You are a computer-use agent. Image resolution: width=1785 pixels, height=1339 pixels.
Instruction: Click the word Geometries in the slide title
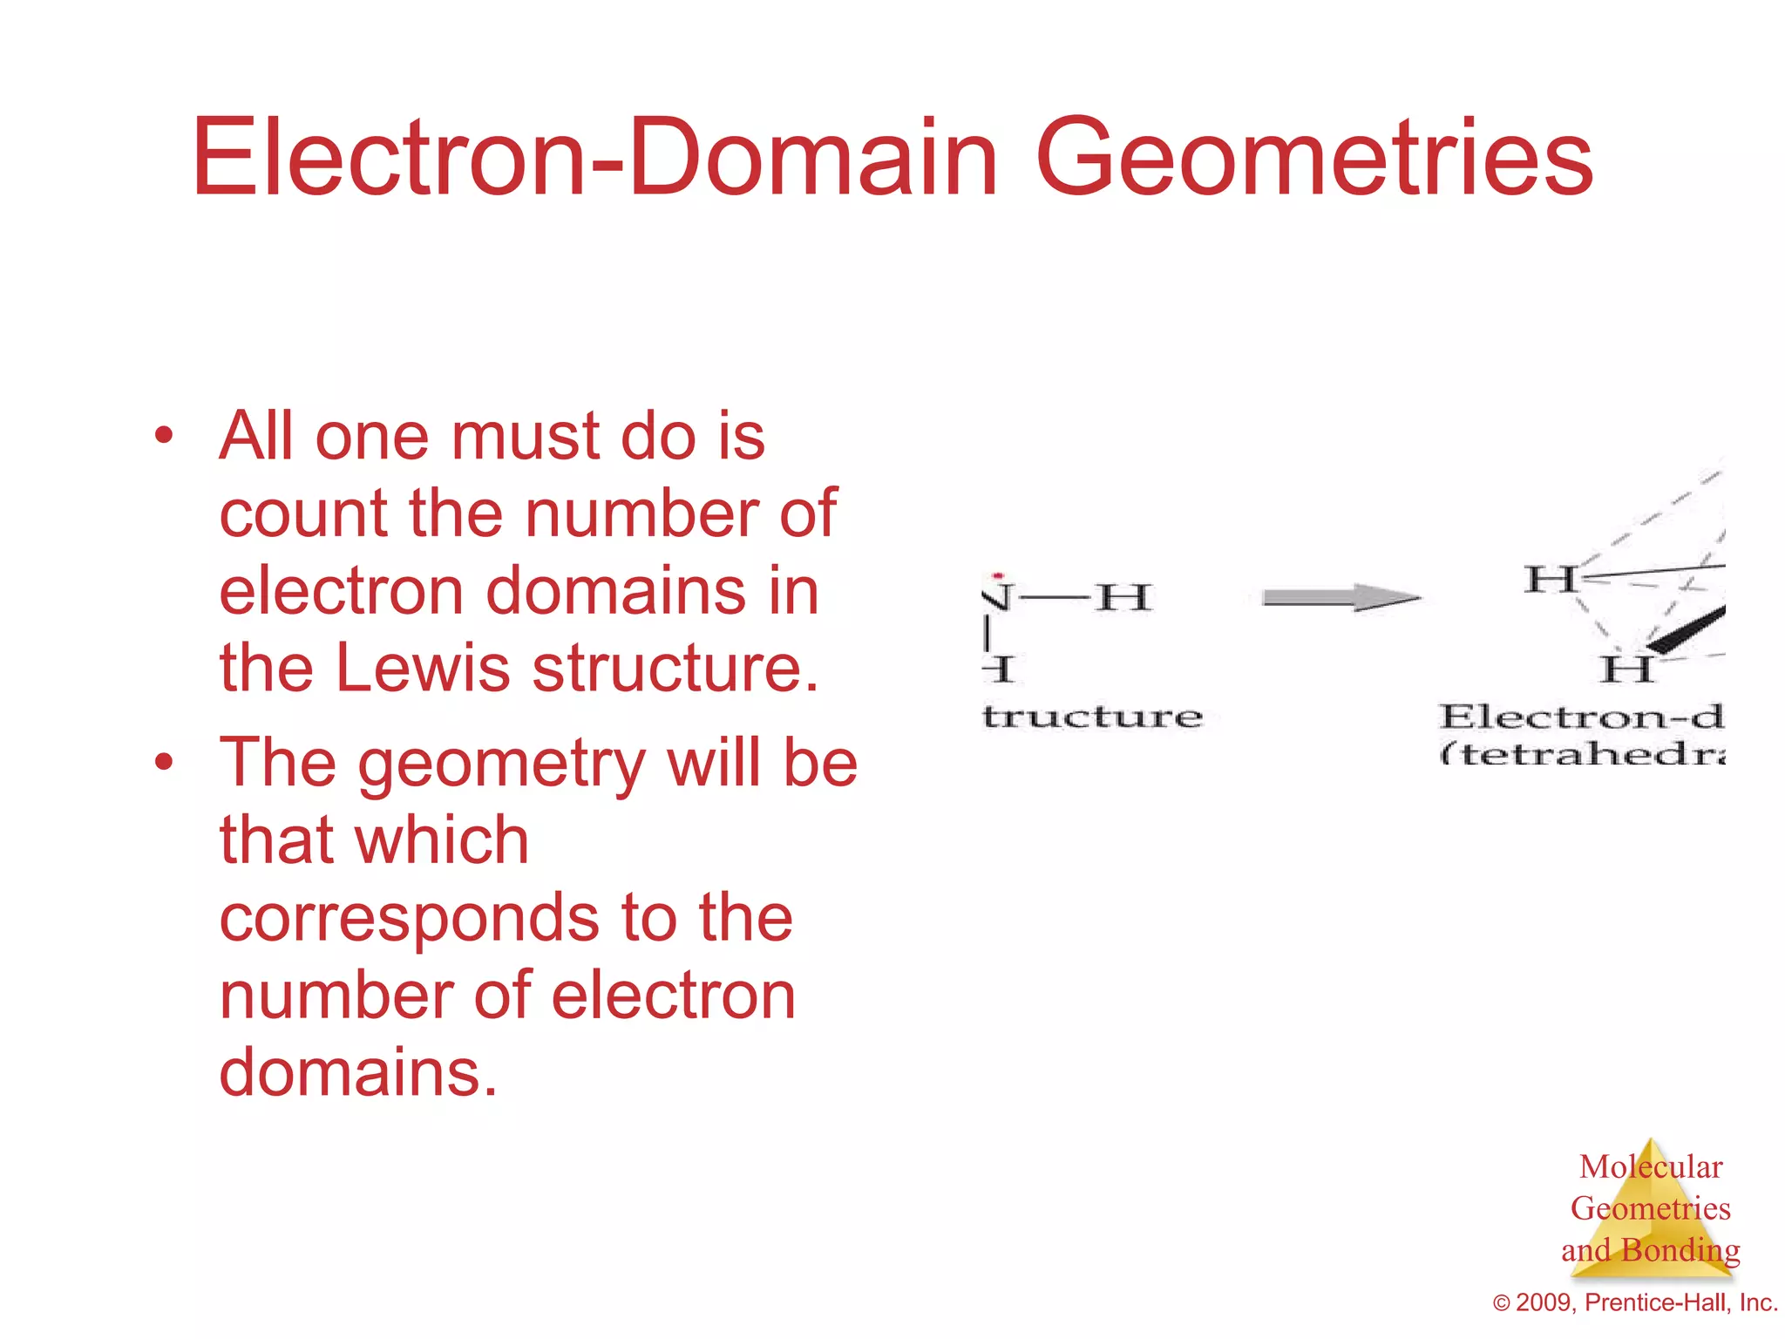(x=1314, y=159)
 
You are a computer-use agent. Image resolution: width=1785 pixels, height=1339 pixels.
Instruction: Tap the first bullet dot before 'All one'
(x=163, y=436)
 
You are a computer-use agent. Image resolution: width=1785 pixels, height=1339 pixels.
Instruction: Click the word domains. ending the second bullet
(x=358, y=1072)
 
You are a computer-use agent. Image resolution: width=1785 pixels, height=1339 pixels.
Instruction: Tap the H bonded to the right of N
(x=1124, y=598)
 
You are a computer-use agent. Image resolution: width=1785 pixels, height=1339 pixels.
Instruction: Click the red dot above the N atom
(x=999, y=576)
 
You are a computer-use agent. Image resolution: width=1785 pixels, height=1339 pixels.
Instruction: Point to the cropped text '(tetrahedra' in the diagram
(x=1583, y=753)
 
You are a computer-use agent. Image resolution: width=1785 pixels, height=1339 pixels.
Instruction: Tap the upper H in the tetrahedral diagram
(x=1550, y=579)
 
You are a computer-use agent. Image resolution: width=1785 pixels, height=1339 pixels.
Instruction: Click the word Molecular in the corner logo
(x=1651, y=1166)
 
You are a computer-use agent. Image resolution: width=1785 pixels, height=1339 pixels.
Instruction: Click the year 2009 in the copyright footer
(x=1544, y=1302)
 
